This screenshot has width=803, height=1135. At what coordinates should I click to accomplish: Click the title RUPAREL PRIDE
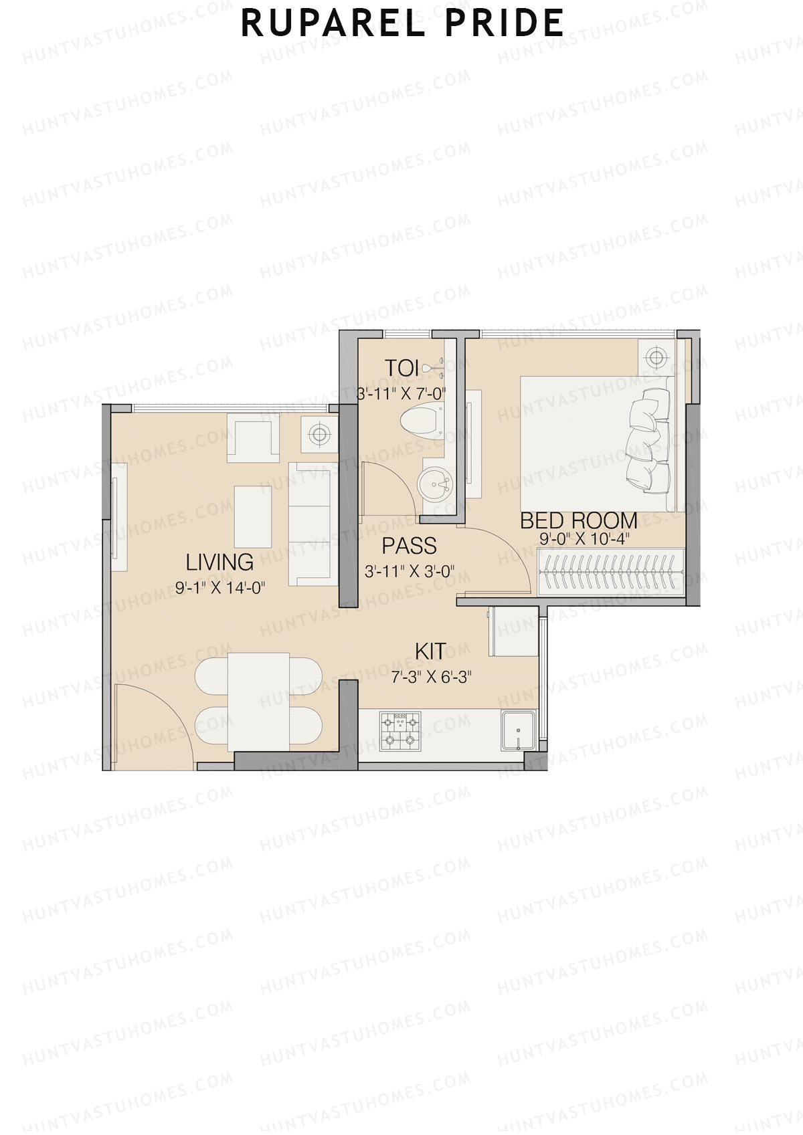pos(402,23)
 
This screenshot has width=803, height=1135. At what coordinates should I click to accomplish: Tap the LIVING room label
pos(219,562)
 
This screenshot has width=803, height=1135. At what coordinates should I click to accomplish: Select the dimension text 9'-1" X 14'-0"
pos(221,588)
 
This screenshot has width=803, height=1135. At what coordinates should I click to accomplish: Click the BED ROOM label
pos(578,520)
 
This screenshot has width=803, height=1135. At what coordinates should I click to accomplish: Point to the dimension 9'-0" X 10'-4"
pos(585,539)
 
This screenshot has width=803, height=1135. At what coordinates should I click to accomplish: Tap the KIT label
pos(430,651)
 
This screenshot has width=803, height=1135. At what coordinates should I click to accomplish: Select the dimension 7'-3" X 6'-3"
pos(432,677)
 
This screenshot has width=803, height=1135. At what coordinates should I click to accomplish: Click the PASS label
pos(409,546)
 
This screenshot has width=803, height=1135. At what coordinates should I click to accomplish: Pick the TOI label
pos(401,368)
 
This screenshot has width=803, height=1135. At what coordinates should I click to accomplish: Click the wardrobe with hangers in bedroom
pos(611,571)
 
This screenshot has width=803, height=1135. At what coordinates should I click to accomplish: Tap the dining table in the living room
pos(258,702)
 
